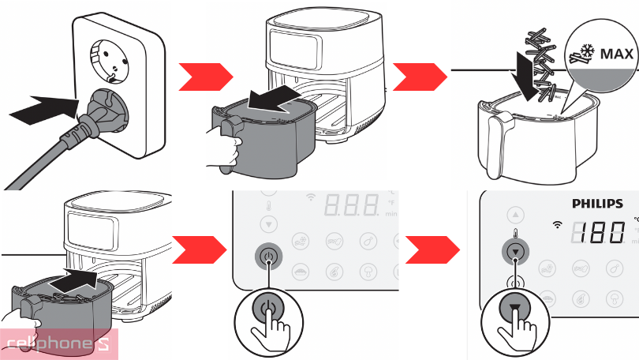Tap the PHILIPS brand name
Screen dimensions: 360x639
click(597, 204)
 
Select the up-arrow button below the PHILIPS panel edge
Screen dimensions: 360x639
click(515, 214)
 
